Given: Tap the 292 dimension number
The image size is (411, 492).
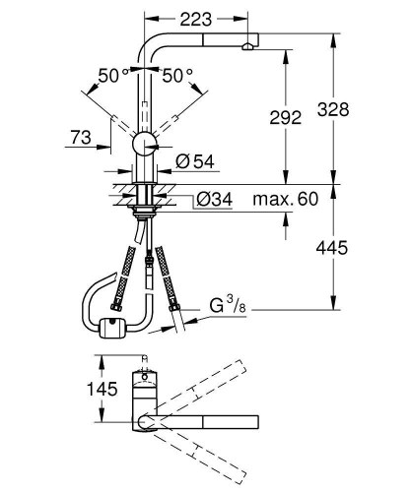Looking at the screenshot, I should pyautogui.click(x=284, y=117).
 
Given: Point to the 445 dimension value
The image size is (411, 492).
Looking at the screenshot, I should pyautogui.click(x=335, y=248).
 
